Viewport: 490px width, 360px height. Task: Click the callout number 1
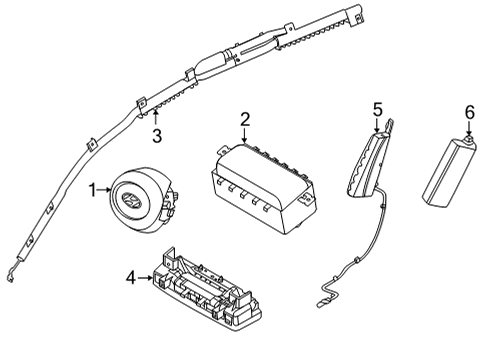92,188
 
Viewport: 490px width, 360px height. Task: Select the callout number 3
156,136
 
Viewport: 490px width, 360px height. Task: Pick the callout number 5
377,107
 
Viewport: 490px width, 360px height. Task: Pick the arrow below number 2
243,136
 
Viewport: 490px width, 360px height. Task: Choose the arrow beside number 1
105,188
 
